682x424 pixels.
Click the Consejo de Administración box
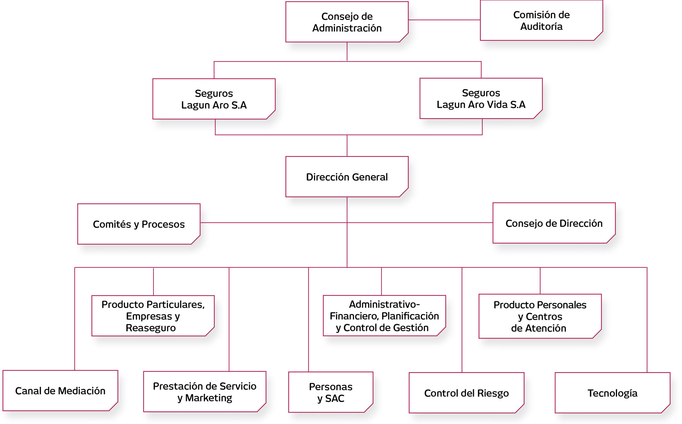point(347,22)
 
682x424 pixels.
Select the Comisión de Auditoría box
point(541,20)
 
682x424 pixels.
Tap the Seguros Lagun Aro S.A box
point(214,99)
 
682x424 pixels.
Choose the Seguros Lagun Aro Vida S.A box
point(481,99)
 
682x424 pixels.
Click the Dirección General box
point(347,177)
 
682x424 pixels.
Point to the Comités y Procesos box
point(139,224)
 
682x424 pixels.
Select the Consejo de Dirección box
point(554,223)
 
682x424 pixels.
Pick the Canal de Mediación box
point(60,391)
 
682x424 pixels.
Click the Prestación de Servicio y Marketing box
point(205,392)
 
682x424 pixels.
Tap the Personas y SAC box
point(330,392)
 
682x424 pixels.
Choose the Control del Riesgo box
point(466,393)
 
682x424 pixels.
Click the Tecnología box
point(612,393)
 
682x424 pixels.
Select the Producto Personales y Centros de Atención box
point(540,316)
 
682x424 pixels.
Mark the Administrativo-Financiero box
point(384,316)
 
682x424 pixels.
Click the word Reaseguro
point(151,328)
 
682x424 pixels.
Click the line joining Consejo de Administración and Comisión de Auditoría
point(444,20)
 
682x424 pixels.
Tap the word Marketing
point(209,398)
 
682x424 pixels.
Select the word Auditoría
point(541,27)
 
